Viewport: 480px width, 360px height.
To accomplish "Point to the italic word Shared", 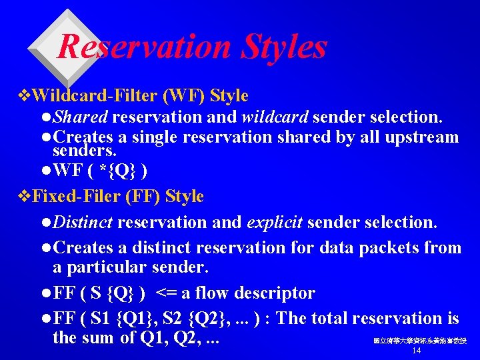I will coord(80,117).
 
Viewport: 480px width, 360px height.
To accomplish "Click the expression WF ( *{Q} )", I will coord(100,171).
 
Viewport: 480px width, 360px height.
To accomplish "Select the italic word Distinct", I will coord(83,221).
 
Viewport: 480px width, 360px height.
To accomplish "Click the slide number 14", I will coord(417,351).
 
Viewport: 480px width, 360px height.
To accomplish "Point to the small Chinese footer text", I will coord(420,341).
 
